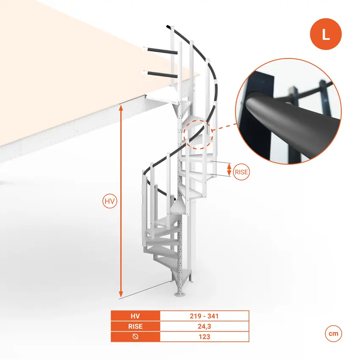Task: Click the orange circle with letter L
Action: pos(326,34)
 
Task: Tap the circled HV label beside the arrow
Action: pos(110,201)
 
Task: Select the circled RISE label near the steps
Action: pos(241,172)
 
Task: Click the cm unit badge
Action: pos(333,333)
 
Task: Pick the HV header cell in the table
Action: pos(135,316)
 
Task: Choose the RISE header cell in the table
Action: pos(135,326)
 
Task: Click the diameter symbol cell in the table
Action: pos(135,337)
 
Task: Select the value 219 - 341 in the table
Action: pos(204,316)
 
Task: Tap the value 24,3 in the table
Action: pos(204,326)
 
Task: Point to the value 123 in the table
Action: pos(204,337)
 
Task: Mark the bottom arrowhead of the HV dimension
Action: pos(121,294)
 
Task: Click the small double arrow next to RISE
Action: pos(229,170)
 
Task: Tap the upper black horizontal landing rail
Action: pos(162,51)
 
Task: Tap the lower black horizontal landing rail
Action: pos(162,75)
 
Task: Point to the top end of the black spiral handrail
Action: pos(168,27)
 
